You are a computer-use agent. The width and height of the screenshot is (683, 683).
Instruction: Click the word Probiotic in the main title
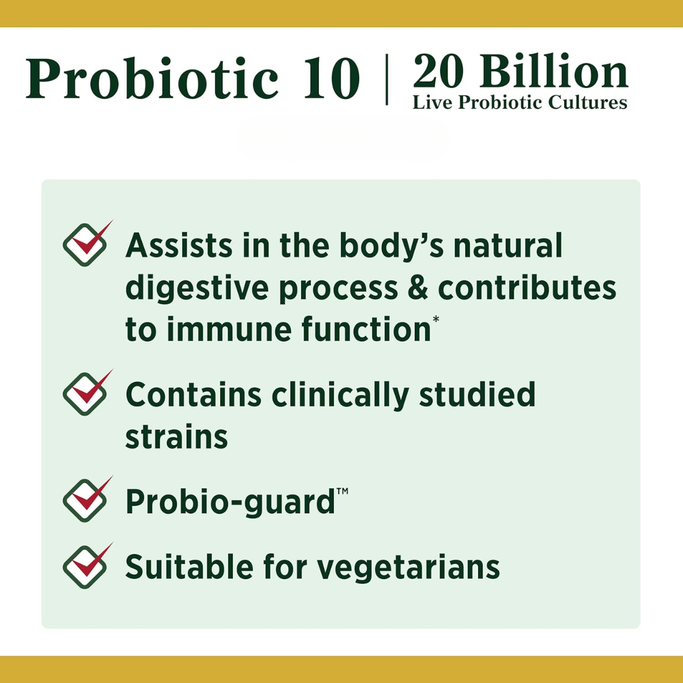point(152,78)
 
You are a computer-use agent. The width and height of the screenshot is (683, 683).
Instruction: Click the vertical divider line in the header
point(387,79)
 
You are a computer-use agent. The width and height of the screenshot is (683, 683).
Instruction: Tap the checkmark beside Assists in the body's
point(87,243)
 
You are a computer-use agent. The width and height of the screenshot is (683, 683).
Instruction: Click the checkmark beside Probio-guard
point(87,499)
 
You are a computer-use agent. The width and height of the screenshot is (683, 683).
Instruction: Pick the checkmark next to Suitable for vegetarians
point(87,566)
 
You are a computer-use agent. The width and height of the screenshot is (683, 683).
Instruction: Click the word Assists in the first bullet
point(179,245)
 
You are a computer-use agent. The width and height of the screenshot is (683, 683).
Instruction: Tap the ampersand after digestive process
point(418,288)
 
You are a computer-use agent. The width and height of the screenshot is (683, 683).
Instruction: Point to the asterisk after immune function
point(436,320)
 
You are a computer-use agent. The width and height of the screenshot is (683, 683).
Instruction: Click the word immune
point(229,329)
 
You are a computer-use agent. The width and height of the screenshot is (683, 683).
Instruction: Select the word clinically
point(340,395)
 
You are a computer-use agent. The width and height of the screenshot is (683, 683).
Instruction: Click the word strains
point(176,437)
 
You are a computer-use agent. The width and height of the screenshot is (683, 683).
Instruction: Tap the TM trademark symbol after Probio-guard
point(342,491)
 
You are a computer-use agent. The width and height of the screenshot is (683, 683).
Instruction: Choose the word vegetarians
point(408,568)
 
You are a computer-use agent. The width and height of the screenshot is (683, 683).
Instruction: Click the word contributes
point(527,288)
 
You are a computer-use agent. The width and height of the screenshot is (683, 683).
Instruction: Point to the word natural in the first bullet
point(508,245)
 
